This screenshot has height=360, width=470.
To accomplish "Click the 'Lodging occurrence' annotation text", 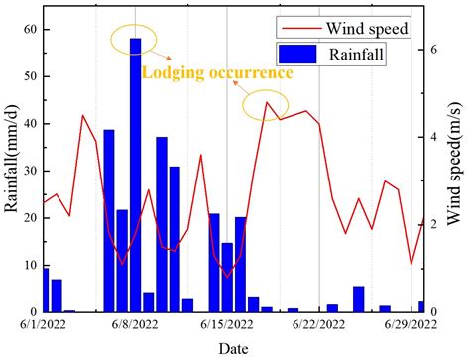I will pos(217,73).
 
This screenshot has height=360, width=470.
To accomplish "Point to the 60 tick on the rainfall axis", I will pos(28,29).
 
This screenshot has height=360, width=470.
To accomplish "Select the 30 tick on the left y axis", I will pos(28,171).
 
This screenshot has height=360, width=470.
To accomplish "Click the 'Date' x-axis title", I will pos(234,348).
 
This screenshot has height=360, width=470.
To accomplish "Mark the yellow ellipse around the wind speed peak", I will pos(265,104).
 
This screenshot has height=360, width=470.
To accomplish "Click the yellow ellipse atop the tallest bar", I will pos(135,40).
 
